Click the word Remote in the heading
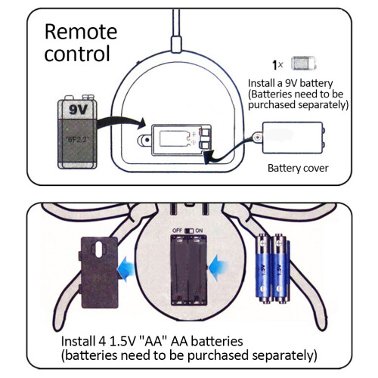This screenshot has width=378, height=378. point(81,32)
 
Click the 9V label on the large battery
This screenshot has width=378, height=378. point(78,110)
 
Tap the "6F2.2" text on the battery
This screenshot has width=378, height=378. point(77,139)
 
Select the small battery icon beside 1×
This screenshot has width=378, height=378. point(303,64)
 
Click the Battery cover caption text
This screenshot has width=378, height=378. point(298,168)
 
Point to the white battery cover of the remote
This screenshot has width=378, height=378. point(293,138)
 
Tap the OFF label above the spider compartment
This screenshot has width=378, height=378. point(177,231)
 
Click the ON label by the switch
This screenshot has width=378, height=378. point(199,231)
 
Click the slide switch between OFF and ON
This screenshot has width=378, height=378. point(189,231)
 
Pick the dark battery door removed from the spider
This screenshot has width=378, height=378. point(99,272)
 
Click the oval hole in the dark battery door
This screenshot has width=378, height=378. point(99,249)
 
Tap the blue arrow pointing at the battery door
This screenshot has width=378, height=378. point(126,268)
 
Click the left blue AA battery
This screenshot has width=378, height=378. point(263,268)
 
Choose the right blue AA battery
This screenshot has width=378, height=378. point(279,268)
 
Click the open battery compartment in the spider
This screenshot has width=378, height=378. point(189,270)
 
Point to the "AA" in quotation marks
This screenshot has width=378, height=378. point(153,342)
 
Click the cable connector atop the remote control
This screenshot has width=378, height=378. point(176,44)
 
